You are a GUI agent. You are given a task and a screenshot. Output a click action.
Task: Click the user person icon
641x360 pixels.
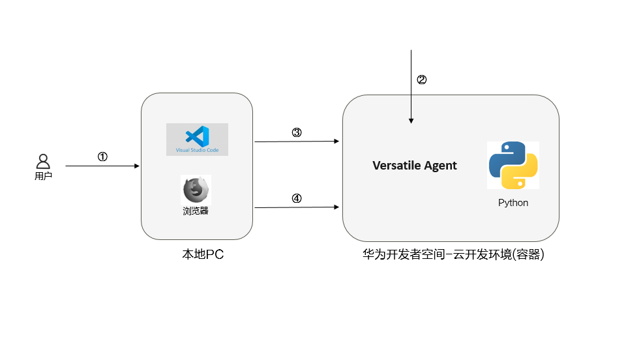[x=43, y=161]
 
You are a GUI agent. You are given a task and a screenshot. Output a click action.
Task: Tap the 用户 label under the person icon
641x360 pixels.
[x=43, y=176]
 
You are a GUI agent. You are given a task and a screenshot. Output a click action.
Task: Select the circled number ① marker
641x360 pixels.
[x=102, y=157]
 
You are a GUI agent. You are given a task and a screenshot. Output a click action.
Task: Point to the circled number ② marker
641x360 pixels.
[x=421, y=80]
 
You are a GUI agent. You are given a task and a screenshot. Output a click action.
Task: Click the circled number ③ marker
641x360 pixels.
[x=296, y=132]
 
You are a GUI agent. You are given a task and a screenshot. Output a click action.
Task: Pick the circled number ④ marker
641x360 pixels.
[x=296, y=198]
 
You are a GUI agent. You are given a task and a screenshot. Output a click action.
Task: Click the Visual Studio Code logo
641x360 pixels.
[x=197, y=136]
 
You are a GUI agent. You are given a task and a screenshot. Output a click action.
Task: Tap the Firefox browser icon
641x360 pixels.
[x=196, y=190]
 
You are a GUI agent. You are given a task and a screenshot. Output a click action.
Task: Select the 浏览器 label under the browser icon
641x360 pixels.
[x=196, y=211]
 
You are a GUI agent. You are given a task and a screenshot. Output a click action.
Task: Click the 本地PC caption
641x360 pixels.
[x=203, y=254]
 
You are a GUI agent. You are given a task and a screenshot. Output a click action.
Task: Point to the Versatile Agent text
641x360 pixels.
[x=415, y=166]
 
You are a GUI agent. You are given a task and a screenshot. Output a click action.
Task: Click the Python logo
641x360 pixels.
[x=513, y=165]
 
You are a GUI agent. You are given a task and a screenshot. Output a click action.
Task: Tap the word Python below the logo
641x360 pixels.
[x=513, y=203]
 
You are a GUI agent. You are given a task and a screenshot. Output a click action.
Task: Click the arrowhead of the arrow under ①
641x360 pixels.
[x=137, y=166]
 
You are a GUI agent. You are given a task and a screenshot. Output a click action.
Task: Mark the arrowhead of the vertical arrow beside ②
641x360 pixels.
[x=411, y=121]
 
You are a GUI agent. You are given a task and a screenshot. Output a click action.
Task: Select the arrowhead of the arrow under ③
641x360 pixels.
[x=336, y=141]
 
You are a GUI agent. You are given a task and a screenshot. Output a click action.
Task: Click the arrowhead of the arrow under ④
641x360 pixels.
[x=336, y=207]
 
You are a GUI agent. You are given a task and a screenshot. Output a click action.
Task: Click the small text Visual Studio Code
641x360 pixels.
[x=197, y=150]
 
